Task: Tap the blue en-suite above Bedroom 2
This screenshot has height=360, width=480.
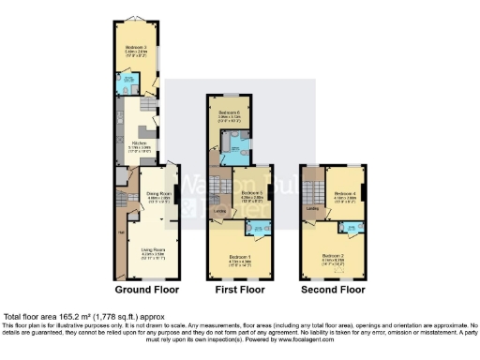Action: (x=350, y=227)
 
